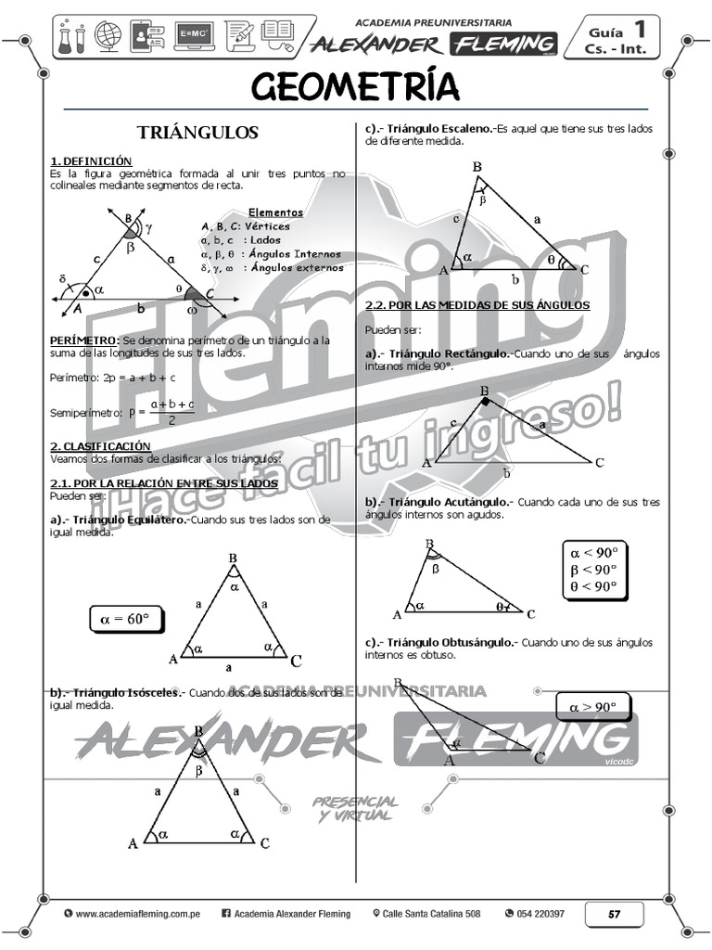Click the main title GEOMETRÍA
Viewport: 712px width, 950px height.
355,86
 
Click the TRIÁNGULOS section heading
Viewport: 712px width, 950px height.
197,133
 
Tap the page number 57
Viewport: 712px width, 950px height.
614,914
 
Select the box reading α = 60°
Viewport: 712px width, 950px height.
124,618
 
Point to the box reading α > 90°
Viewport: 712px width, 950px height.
592,707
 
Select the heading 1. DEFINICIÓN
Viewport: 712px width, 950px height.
91,161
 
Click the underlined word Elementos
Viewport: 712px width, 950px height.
275,212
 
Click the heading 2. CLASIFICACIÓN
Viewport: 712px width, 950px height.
100,446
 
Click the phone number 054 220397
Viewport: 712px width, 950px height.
540,914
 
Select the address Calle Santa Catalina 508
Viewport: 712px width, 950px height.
431,914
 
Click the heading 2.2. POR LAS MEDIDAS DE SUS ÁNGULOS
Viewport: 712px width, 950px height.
477,305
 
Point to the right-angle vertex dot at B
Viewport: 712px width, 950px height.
484,400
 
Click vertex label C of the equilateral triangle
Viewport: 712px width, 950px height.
296,661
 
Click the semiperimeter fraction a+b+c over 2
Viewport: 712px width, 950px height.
172,411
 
